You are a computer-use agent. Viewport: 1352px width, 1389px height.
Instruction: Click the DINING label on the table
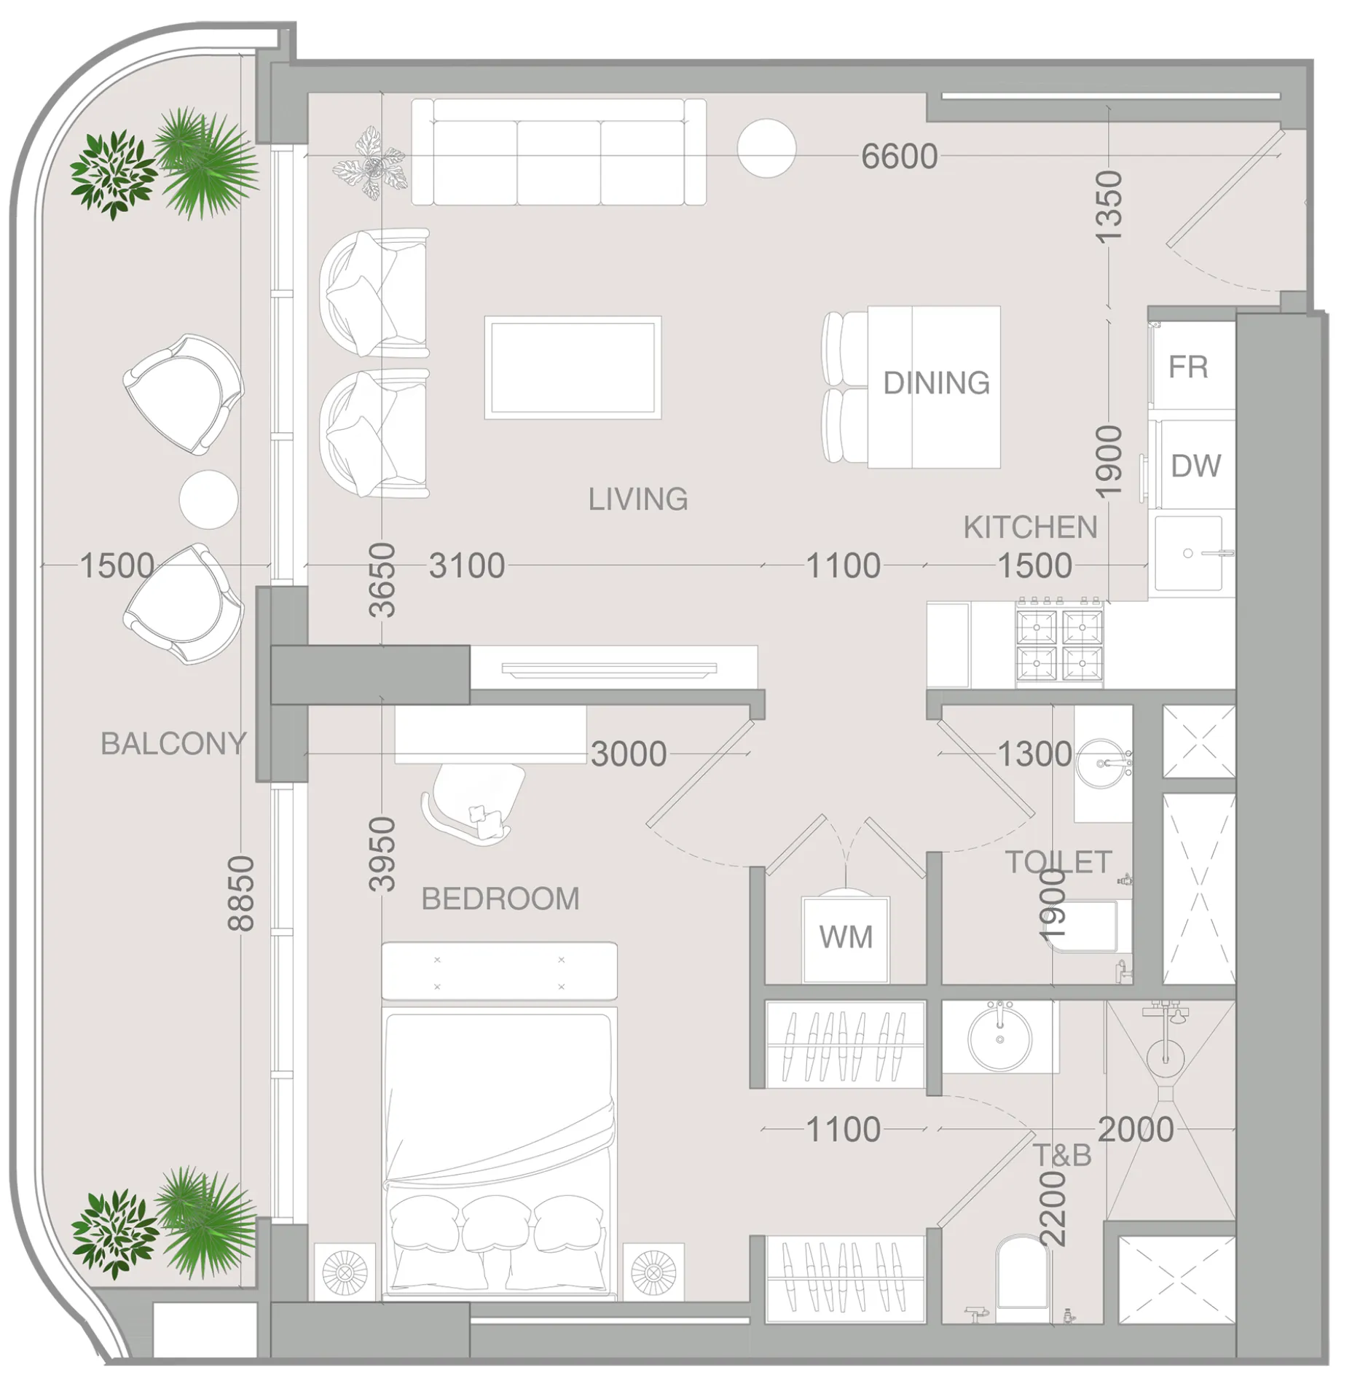[936, 383]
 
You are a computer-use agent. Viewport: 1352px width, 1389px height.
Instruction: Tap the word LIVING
[638, 499]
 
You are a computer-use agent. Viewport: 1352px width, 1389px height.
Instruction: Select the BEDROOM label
[500, 899]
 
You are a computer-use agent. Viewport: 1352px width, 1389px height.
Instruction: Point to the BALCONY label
[173, 743]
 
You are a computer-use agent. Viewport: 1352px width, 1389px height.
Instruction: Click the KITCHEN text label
[1030, 528]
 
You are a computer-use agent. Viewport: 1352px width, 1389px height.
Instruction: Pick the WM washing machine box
[845, 939]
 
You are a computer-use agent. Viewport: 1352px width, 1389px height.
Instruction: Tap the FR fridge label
[1188, 367]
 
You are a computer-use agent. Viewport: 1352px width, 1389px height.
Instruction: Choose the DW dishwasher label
[1195, 466]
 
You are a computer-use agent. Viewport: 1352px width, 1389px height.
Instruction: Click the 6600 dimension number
[899, 157]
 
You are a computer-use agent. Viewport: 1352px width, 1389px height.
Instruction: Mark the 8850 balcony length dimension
[241, 893]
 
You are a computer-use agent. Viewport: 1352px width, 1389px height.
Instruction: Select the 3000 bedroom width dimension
[629, 754]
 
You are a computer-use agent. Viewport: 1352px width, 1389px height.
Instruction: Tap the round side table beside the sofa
[766, 148]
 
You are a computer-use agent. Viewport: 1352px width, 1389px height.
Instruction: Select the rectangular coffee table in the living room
[573, 368]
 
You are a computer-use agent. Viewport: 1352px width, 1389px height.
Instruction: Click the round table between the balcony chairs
[208, 500]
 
